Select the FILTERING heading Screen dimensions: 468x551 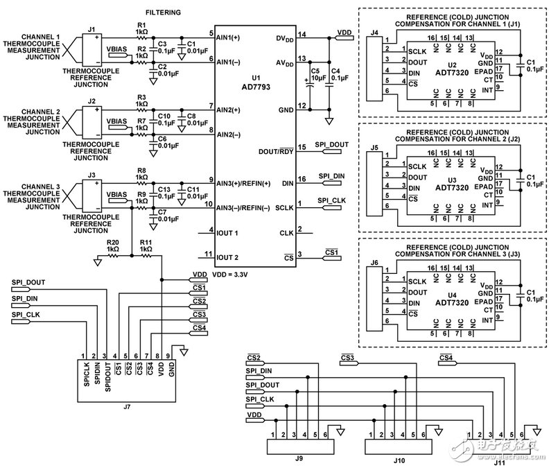tap(164, 12)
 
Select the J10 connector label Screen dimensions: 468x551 tap(398, 458)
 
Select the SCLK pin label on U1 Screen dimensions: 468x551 tap(286, 207)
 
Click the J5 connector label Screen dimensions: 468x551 tap(375, 148)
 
